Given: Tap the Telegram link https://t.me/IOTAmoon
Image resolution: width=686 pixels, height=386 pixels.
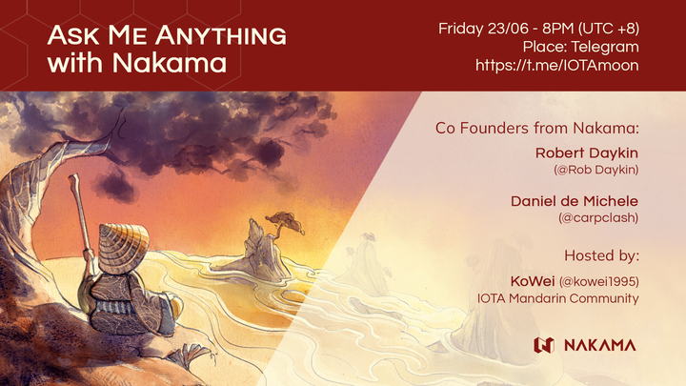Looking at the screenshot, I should tap(556, 65).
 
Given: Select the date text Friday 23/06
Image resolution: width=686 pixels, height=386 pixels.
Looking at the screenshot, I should tap(482, 28).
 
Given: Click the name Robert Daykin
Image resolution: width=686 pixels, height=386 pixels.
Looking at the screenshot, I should tap(587, 152).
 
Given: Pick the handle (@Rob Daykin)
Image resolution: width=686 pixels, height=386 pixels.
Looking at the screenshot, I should tap(596, 170).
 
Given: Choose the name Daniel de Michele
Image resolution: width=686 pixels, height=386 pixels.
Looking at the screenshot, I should tap(575, 201).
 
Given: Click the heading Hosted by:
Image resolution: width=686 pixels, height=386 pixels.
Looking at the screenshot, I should tap(601, 255).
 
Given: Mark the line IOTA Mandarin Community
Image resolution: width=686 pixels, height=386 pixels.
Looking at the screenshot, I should tap(558, 298).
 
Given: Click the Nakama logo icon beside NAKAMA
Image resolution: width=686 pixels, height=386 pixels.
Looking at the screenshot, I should tap(544, 344).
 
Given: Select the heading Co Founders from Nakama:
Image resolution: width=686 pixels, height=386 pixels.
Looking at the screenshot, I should tap(536, 127).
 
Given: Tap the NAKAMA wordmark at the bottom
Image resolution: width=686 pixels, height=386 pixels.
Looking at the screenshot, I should tap(598, 344).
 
